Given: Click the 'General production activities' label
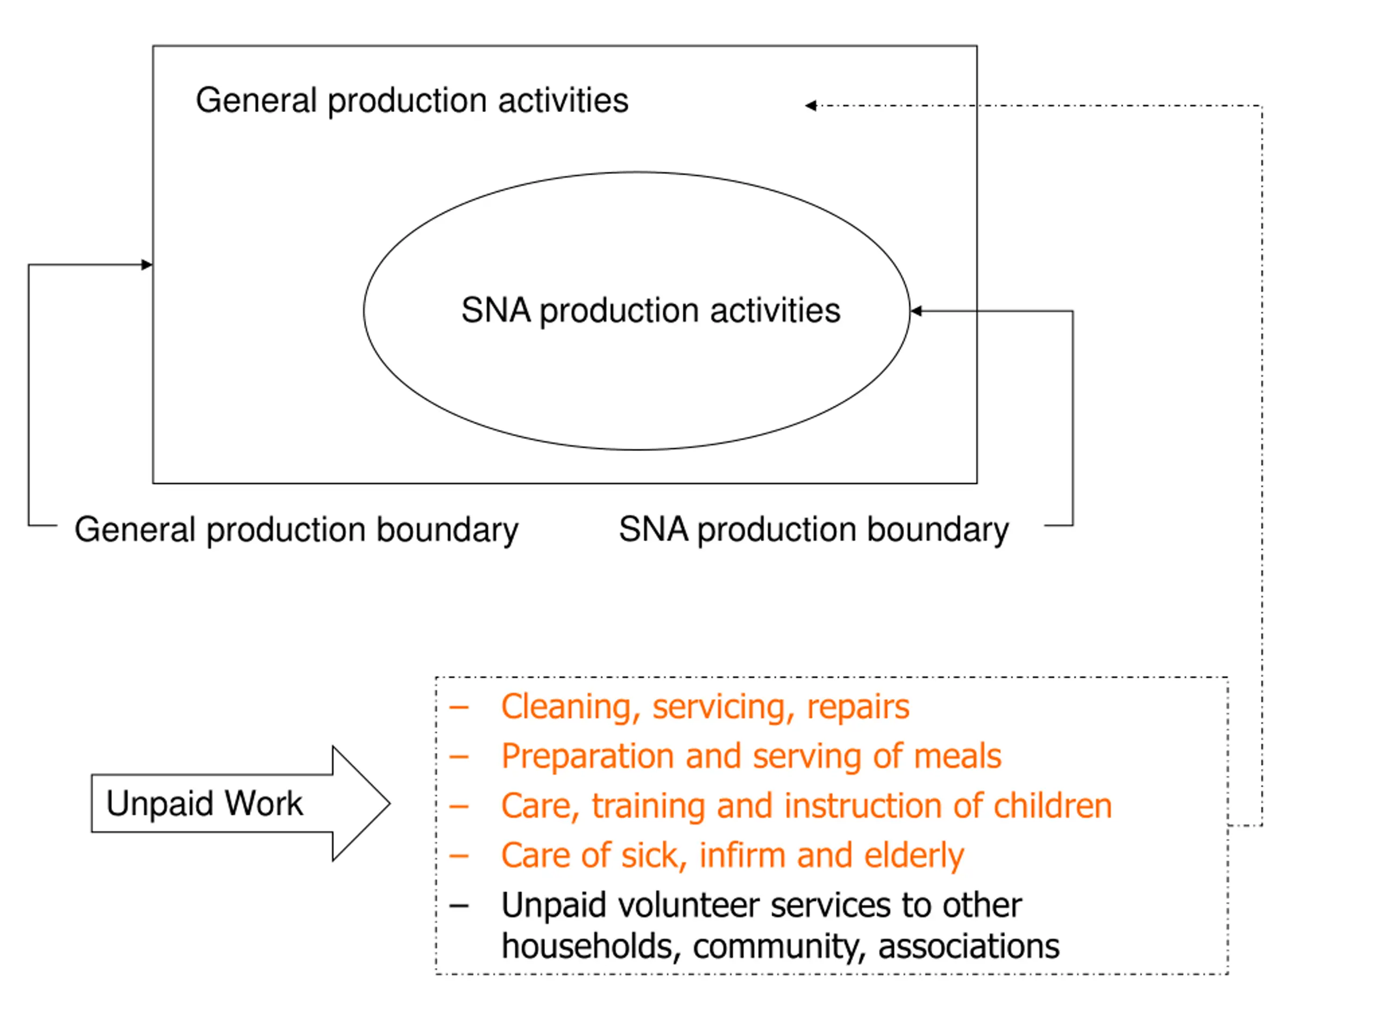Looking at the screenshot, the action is point(412,101).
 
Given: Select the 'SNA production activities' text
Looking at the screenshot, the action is point(650,311).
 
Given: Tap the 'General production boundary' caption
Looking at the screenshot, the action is point(296,530).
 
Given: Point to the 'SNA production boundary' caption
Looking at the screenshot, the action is point(814,530).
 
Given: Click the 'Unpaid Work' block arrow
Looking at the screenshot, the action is point(240,803).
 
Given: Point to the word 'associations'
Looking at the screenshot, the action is point(969,946).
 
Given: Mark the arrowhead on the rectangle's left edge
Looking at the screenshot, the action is point(147,265).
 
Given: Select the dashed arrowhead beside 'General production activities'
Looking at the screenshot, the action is point(811,106).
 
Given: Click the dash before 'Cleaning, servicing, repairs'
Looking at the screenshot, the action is point(459,708).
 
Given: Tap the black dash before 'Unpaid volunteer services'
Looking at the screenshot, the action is point(459,907).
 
